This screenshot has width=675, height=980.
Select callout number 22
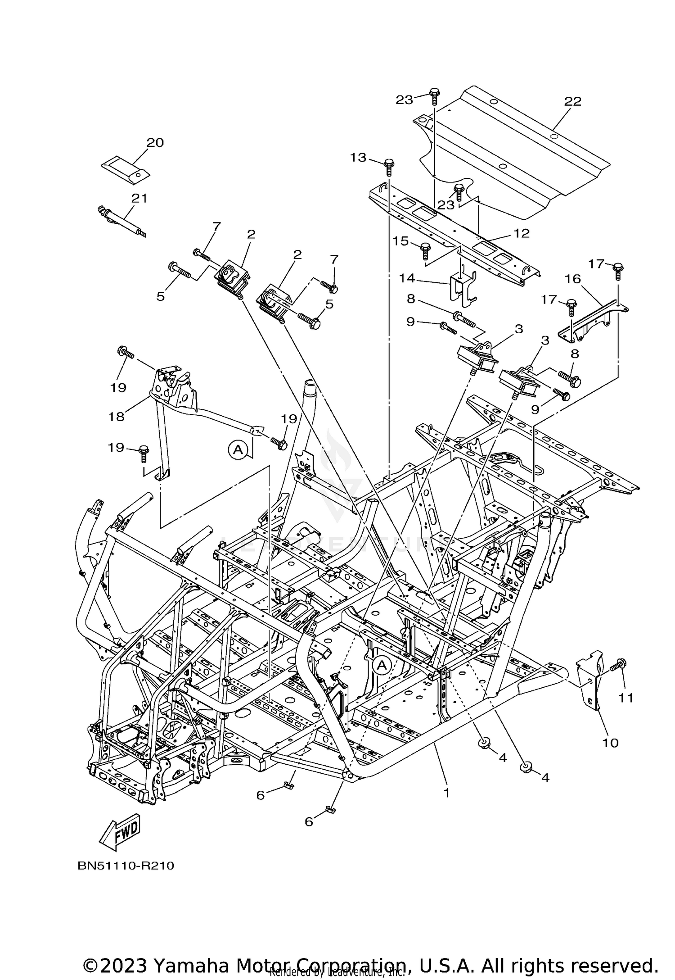(573, 101)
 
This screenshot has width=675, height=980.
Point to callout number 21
(139, 198)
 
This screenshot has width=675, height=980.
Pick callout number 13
(359, 158)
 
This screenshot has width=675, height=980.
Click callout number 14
(408, 278)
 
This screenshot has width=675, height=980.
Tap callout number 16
(573, 279)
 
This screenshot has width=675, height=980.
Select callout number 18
(116, 417)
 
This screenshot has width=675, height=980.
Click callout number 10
(611, 743)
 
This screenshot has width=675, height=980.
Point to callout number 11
(625, 698)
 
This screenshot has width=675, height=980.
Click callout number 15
(400, 241)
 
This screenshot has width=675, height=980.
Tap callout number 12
(521, 233)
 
